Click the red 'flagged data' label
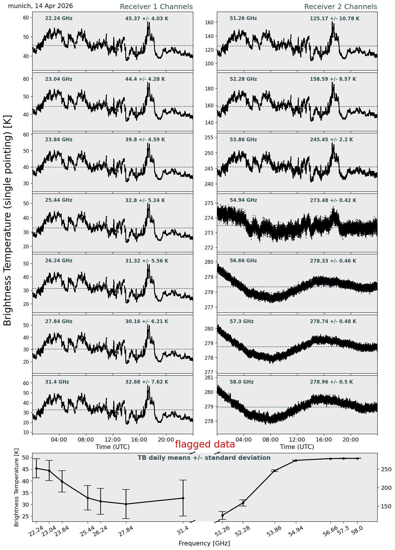(205, 444)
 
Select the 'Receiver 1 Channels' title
(156, 7)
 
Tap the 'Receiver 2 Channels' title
(341, 7)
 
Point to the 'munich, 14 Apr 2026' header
(41, 6)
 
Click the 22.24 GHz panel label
(59, 19)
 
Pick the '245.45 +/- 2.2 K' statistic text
(331, 140)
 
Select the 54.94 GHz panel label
(243, 200)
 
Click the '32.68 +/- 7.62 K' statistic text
(147, 382)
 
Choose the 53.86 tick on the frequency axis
(274, 532)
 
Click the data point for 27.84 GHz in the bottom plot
(126, 504)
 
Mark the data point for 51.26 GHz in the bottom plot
(222, 515)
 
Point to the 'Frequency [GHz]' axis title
(204, 543)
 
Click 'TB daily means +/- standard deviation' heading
(204, 458)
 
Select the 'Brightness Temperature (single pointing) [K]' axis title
(8, 220)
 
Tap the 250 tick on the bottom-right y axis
(383, 469)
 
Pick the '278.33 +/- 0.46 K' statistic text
(333, 261)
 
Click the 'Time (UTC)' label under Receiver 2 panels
(297, 447)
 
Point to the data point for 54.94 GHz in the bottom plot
(296, 460)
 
